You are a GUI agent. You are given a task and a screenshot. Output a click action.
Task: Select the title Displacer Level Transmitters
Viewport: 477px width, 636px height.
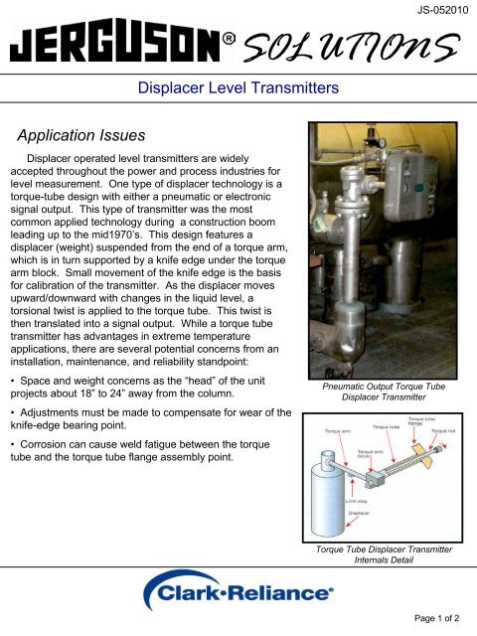(x=238, y=89)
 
